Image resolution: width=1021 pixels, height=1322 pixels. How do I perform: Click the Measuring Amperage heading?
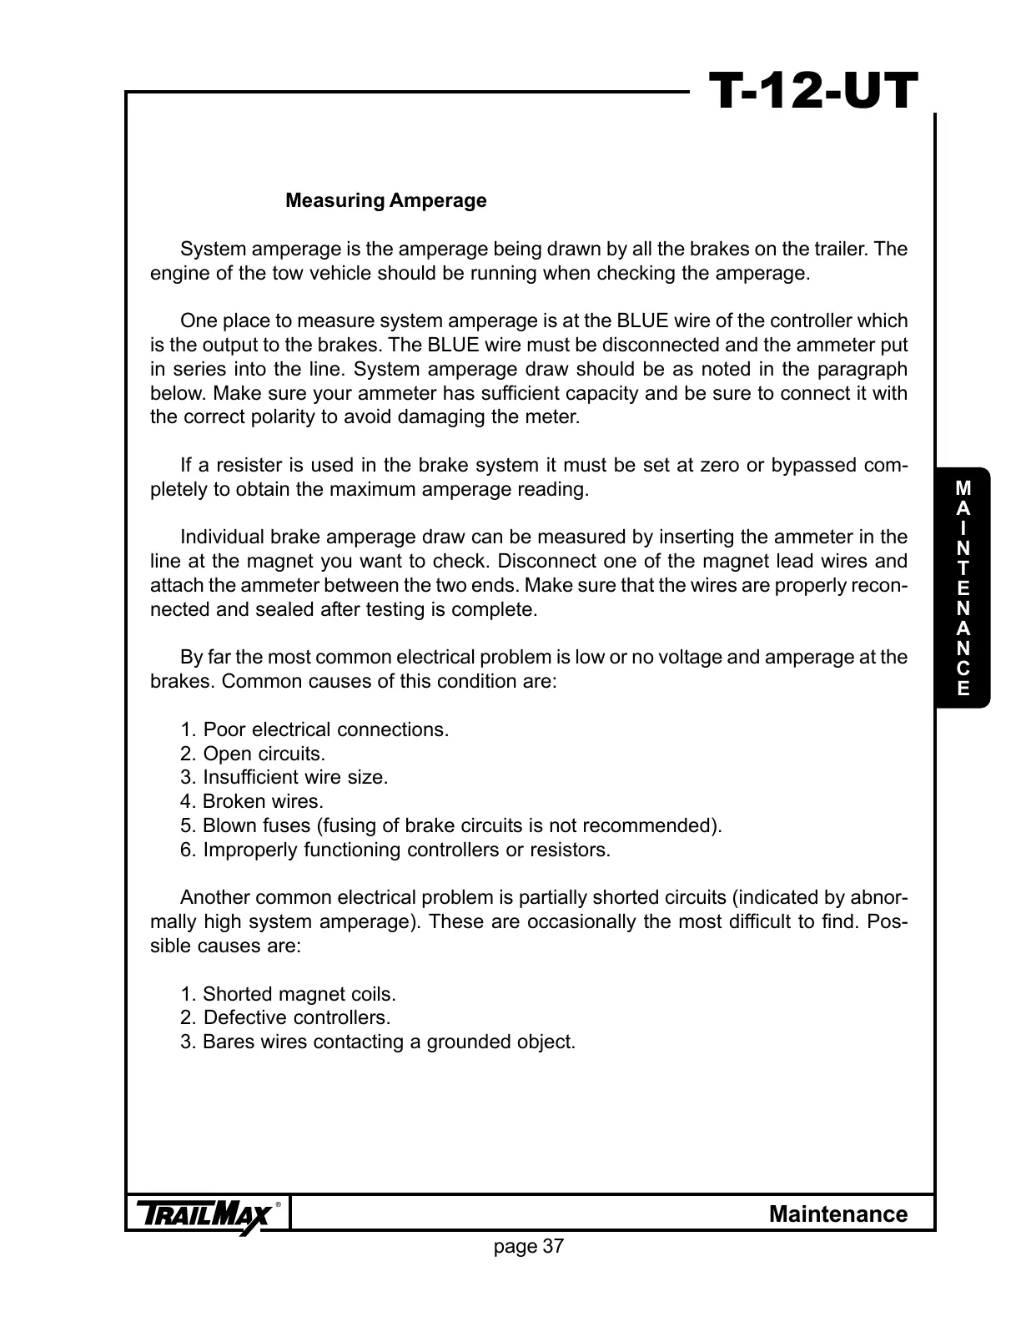(385, 201)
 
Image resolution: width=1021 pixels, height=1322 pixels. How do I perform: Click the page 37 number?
(529, 1247)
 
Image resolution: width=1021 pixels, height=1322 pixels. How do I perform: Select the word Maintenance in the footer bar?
(837, 1214)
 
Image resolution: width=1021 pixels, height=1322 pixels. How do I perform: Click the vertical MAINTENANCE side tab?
(963, 588)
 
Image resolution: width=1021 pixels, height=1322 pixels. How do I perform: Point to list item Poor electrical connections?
(314, 730)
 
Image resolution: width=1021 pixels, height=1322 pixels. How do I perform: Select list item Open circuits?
(253, 754)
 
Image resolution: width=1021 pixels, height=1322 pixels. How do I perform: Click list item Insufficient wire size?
(284, 778)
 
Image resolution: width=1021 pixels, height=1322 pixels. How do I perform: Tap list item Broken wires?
(252, 802)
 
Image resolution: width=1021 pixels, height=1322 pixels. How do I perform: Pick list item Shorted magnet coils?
(288, 995)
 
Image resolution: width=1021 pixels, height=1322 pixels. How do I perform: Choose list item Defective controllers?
(285, 1018)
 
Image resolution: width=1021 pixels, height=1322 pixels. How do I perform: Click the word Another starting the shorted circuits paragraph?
(214, 898)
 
